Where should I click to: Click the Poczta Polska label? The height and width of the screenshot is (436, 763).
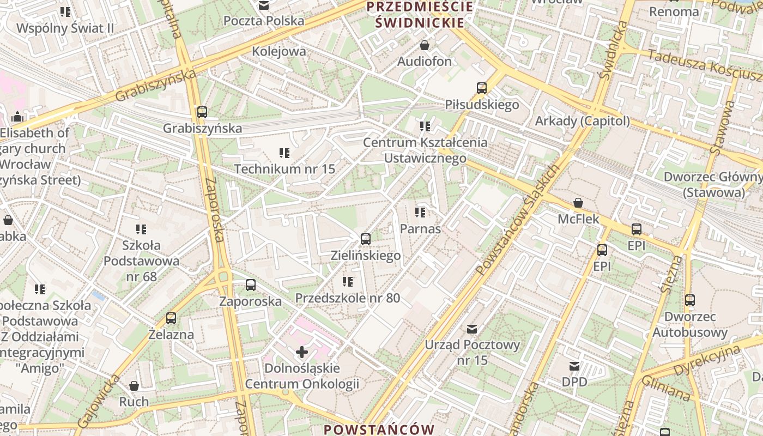(264, 21)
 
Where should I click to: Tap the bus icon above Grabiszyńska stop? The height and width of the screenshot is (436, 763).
(202, 112)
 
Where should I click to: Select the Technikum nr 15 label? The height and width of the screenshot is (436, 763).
(284, 169)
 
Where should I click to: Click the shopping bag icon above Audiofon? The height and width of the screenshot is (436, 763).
(424, 45)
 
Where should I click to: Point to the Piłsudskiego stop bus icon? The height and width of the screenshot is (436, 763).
(481, 88)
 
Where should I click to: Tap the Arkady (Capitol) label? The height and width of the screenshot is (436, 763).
(582, 121)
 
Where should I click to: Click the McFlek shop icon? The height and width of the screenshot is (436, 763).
(578, 203)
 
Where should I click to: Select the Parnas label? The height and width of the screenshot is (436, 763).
(420, 229)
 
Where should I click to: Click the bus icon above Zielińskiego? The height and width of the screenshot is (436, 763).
(366, 239)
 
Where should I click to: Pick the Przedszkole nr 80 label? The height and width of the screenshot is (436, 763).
(348, 298)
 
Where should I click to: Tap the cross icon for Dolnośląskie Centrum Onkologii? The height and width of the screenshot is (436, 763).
(301, 353)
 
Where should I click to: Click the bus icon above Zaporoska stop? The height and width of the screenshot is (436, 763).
(251, 285)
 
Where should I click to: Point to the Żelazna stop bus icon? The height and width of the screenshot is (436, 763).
(171, 318)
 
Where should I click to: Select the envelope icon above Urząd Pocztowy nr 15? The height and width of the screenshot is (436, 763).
(472, 329)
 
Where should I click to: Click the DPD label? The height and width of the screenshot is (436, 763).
(574, 382)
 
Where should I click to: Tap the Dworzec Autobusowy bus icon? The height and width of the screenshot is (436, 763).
(690, 300)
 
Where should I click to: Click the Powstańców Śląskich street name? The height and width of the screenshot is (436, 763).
(517, 220)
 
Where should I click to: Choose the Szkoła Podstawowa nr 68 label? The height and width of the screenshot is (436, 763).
(141, 261)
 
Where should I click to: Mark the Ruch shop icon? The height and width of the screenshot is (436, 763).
(134, 386)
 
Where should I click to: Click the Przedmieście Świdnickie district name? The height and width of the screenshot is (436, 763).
(419, 15)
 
